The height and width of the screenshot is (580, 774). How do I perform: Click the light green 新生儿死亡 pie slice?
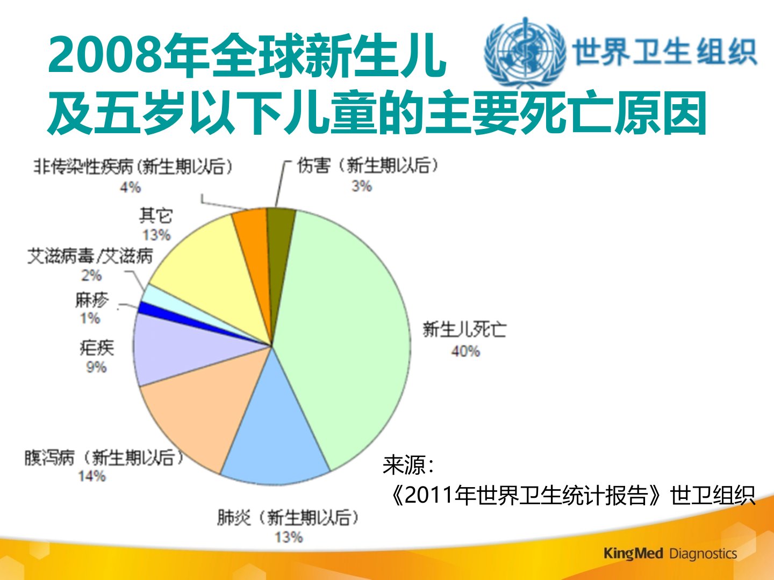click(349, 335)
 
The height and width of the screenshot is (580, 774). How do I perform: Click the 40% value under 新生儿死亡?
click(465, 351)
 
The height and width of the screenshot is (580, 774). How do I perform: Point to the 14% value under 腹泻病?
click(92, 476)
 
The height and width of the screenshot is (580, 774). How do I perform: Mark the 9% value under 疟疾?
click(96, 367)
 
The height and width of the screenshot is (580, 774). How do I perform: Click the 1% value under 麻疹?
click(90, 318)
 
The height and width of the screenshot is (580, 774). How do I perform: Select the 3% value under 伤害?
click(361, 186)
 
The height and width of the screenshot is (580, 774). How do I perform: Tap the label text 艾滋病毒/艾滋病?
click(90, 256)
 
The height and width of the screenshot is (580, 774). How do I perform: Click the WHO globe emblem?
click(525, 52)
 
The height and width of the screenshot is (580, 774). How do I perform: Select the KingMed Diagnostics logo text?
click(670, 554)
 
